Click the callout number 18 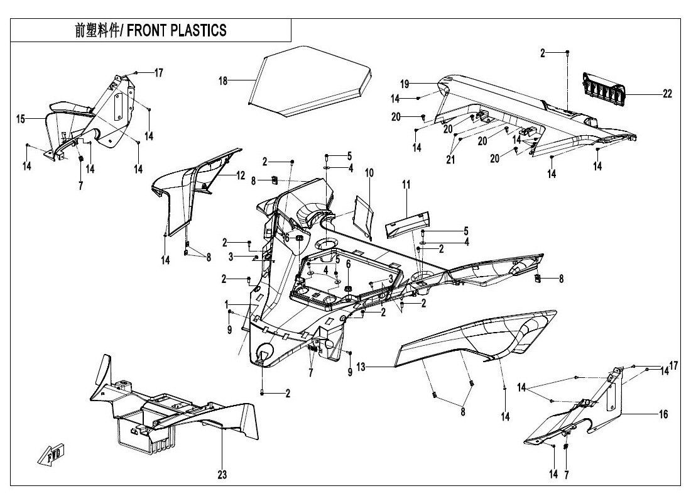tap(222, 80)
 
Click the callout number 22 tap(667, 94)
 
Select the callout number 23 tap(223, 475)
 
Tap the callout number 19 tap(405, 83)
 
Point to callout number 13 tap(361, 365)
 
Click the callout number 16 tap(663, 414)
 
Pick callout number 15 tap(21, 118)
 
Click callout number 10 tap(369, 172)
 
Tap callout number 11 tap(406, 184)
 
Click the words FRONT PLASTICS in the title tap(177, 31)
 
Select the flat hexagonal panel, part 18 tap(308, 79)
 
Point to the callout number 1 tap(226, 304)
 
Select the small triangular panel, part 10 tap(364, 215)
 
